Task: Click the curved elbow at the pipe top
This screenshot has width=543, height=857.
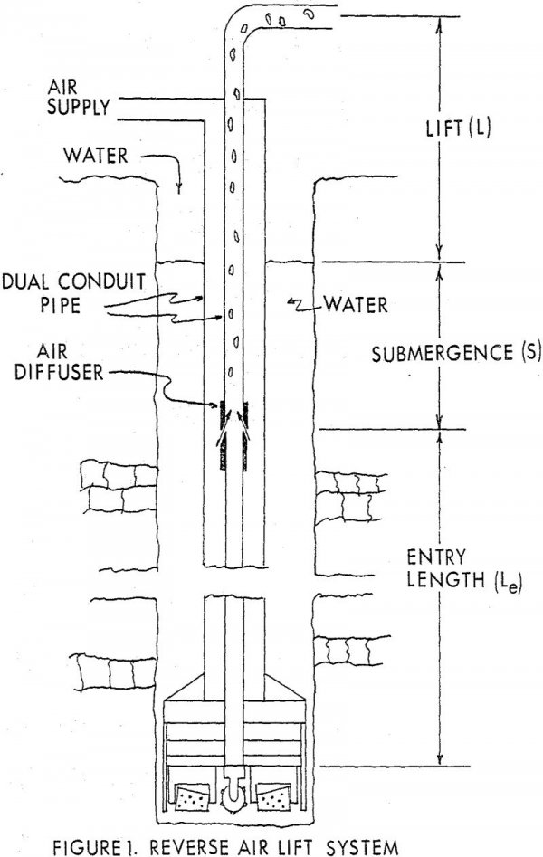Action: (237, 24)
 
